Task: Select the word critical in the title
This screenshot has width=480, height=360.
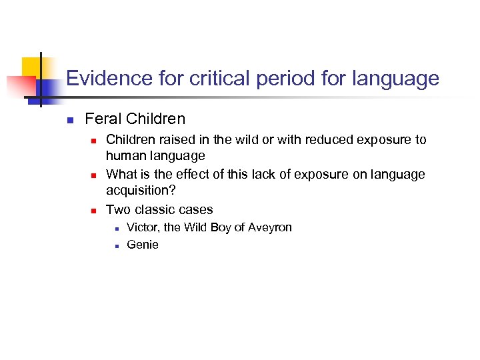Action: coord(207,79)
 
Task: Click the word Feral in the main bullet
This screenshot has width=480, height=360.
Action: coord(103,119)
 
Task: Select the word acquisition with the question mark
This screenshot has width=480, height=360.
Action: coord(141,191)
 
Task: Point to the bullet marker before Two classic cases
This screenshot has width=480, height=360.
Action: coord(94,210)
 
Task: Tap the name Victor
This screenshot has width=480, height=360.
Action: coord(142,227)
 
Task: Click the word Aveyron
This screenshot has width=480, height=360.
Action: coord(269,227)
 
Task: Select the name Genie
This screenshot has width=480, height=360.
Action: coord(143,245)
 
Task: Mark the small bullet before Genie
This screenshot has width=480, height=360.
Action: coord(116,245)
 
